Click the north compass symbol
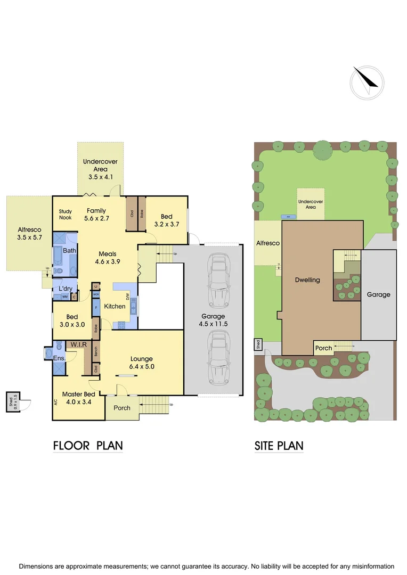click(367, 81)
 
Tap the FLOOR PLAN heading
click(88, 446)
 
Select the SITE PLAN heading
click(279, 446)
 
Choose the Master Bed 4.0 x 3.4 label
click(79, 398)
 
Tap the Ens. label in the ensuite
click(59, 358)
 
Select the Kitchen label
click(115, 306)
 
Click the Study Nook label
click(65, 215)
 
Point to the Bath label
click(69, 250)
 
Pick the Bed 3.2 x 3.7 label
click(167, 220)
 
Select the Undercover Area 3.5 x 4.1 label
click(100, 169)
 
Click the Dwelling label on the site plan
click(307, 280)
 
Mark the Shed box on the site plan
click(258, 344)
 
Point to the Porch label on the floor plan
click(122, 408)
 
